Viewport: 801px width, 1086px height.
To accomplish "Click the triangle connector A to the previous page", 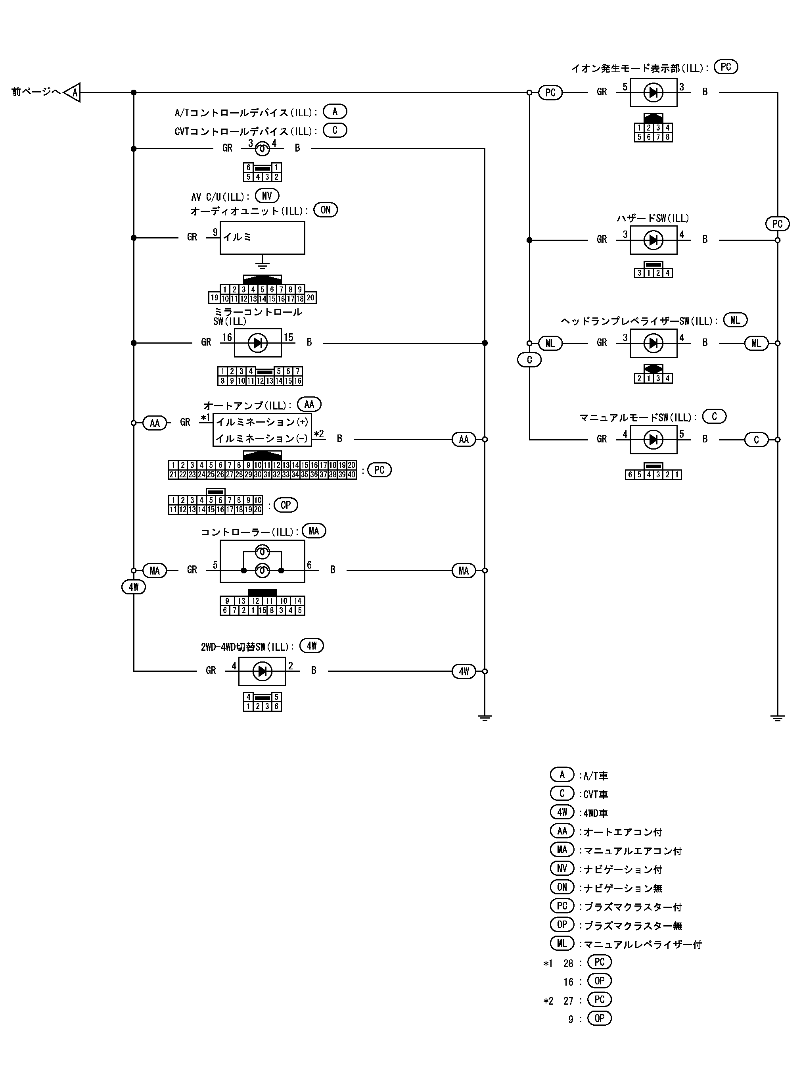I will click(x=73, y=92).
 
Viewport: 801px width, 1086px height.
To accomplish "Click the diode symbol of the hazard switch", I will click(x=653, y=240).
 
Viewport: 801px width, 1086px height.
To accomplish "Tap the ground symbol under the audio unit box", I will click(x=263, y=264).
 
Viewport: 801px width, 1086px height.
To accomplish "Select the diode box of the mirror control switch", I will click(x=257, y=343).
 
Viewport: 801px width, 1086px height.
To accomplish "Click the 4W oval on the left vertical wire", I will click(x=133, y=587).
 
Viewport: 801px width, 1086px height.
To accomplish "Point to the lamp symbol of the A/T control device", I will click(x=263, y=148).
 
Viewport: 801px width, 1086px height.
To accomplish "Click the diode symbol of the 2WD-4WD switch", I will click(x=263, y=671).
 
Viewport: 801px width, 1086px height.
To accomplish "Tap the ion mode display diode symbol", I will click(x=653, y=92).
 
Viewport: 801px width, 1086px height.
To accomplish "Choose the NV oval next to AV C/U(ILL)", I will click(x=267, y=196).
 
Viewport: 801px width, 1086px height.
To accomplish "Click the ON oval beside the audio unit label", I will click(x=325, y=210).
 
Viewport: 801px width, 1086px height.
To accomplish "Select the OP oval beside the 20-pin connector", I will click(x=286, y=505).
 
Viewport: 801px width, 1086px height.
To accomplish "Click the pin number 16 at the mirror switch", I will click(x=227, y=337).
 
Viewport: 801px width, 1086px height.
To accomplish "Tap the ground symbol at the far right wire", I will click(x=777, y=718).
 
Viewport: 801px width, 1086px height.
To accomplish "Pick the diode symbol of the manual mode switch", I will click(x=653, y=440).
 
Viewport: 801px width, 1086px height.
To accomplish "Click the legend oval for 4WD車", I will click(x=562, y=812).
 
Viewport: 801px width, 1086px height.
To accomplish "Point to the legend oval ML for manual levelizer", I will click(x=562, y=944).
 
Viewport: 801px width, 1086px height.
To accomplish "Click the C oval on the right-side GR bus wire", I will click(x=529, y=360).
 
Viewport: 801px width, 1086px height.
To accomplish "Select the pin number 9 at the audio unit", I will click(x=215, y=233).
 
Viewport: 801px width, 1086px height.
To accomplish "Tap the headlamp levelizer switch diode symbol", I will click(x=653, y=343).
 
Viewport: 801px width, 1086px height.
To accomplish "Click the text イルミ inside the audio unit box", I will click(x=237, y=237).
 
